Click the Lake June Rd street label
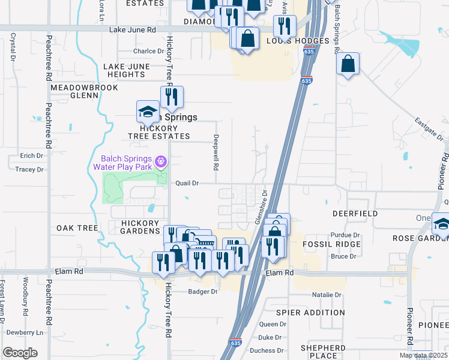click(133, 29)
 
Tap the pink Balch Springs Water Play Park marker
click(160, 161)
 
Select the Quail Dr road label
click(187, 182)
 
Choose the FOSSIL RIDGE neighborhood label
click(331, 244)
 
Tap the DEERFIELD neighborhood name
click(355, 214)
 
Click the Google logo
click(20, 353)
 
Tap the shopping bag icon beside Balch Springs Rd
click(348, 63)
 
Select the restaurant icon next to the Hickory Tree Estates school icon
click(172, 97)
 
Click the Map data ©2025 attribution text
click(423, 355)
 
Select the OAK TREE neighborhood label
click(77, 228)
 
